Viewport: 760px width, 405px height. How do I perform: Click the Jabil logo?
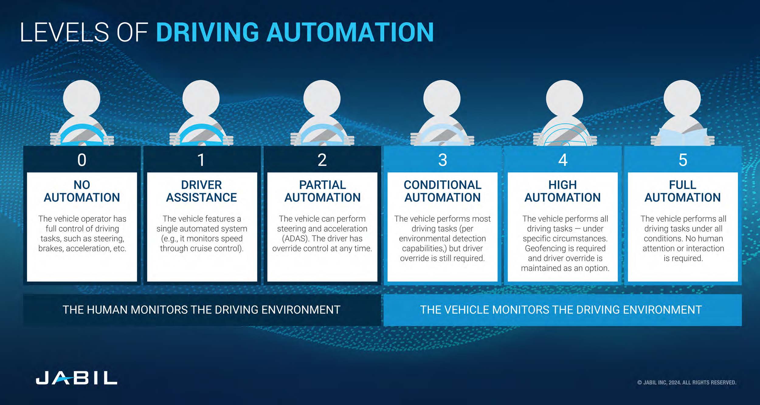(x=76, y=378)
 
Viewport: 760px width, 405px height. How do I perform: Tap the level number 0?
(x=82, y=160)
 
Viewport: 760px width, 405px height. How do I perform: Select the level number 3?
(x=443, y=160)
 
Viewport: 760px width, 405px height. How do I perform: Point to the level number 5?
(x=683, y=160)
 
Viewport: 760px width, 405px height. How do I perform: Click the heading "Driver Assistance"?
(x=202, y=191)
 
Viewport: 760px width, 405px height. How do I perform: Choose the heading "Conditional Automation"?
(x=442, y=191)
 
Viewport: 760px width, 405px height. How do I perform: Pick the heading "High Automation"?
(x=562, y=191)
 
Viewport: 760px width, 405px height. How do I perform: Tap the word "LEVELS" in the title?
(x=64, y=32)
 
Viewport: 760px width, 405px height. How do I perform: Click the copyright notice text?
(x=687, y=383)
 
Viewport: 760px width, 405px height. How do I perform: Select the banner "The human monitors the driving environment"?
(x=202, y=310)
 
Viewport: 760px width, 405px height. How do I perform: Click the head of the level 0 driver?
(x=81, y=99)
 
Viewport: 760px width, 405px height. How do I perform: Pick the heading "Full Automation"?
(x=682, y=191)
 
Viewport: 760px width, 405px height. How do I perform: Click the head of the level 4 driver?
(x=565, y=99)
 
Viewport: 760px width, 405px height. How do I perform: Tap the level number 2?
(x=322, y=160)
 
